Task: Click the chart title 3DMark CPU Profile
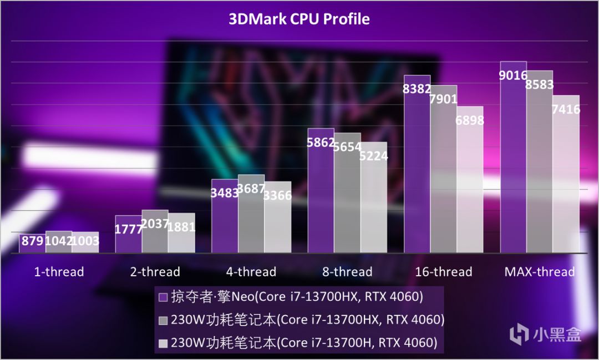click(x=299, y=19)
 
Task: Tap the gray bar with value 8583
click(x=539, y=166)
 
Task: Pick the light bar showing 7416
click(x=566, y=178)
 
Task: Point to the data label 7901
click(x=443, y=99)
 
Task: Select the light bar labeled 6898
click(x=470, y=183)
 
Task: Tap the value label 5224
click(x=374, y=156)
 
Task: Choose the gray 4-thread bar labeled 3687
click(x=251, y=216)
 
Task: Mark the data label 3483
click(x=225, y=195)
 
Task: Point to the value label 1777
click(x=128, y=229)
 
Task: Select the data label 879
click(x=32, y=241)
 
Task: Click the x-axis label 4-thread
click(x=251, y=272)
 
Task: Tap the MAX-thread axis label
click(x=539, y=272)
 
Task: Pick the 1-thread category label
click(x=59, y=272)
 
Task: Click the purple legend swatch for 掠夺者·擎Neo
click(x=163, y=297)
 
